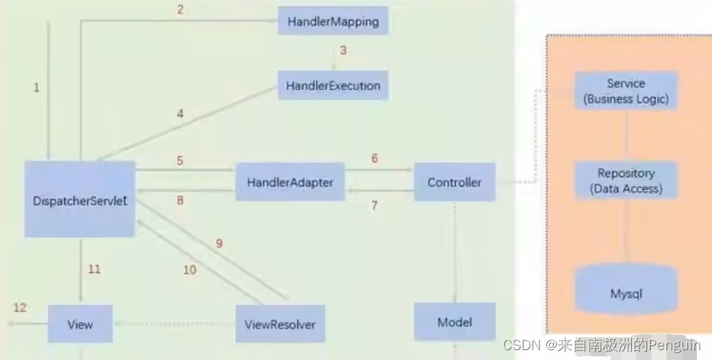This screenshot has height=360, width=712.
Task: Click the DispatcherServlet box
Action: coord(80,199)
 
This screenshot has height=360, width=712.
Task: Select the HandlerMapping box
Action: coord(333,21)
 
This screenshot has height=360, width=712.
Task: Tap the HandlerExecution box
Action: coord(333,86)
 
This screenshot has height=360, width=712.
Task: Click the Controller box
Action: coord(454,183)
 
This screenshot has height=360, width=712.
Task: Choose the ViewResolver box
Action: coord(279,324)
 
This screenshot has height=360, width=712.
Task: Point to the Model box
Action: coord(454,322)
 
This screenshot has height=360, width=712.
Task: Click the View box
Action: coord(80,324)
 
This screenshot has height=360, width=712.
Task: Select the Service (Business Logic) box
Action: coord(626,91)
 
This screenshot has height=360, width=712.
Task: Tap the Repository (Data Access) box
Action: coord(626,180)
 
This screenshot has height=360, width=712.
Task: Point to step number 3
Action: coord(342,51)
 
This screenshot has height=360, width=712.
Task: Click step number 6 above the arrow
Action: coord(374,159)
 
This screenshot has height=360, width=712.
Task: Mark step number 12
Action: coord(20,307)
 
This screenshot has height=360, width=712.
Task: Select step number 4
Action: coord(180,114)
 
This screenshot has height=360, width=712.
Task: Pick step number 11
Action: coord(94,268)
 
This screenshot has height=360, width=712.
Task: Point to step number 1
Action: coord(36,87)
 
